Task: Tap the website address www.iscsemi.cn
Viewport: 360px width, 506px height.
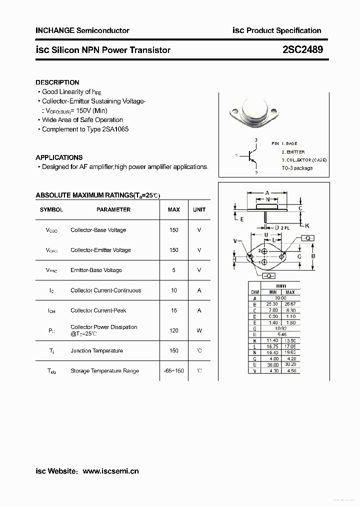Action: point(110,470)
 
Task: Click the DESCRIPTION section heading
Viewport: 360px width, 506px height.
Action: point(57,82)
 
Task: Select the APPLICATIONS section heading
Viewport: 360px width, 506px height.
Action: point(59,157)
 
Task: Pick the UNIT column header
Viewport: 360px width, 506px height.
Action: point(199,209)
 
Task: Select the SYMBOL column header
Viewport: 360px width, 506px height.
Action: point(51,209)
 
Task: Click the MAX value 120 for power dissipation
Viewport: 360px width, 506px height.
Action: point(173,330)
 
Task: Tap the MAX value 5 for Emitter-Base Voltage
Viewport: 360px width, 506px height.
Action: point(173,270)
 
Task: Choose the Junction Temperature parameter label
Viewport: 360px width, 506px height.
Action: point(96,350)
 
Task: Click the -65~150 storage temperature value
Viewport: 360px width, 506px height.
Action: point(173,371)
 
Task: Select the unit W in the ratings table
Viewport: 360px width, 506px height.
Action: point(199,330)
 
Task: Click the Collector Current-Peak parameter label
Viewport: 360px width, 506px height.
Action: point(98,310)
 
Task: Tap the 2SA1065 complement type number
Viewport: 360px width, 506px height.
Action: point(115,129)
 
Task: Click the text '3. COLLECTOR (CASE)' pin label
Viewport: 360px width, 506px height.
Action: point(300,160)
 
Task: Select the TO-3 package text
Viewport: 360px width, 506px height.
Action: point(296,168)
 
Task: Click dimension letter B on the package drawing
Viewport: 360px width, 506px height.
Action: point(313,256)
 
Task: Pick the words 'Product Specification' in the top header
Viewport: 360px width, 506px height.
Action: point(284,30)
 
